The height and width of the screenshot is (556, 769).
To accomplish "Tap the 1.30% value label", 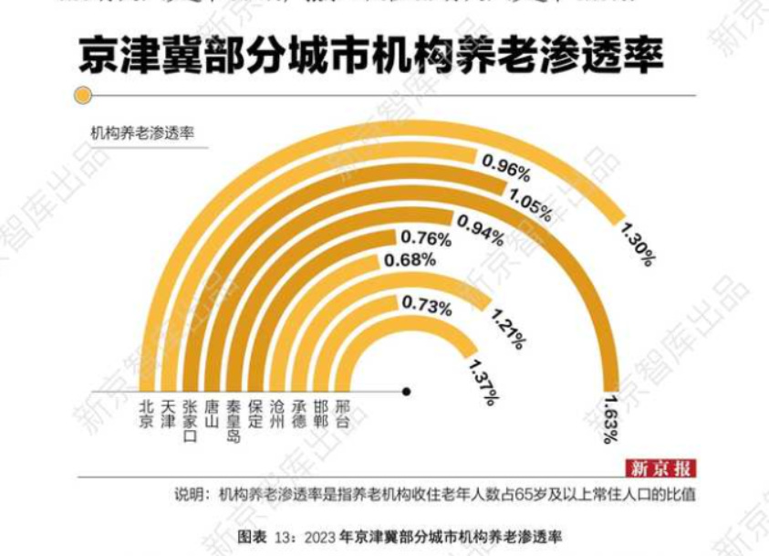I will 637,241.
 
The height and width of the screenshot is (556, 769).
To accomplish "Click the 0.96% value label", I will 505,166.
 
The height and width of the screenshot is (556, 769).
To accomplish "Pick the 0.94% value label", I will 479,225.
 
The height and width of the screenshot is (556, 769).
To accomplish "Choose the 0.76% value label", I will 426,239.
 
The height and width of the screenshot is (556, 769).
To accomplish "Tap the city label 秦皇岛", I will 233,419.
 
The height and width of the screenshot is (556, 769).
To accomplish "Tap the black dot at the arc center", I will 406,392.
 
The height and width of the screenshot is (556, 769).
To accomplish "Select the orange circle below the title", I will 83,95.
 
